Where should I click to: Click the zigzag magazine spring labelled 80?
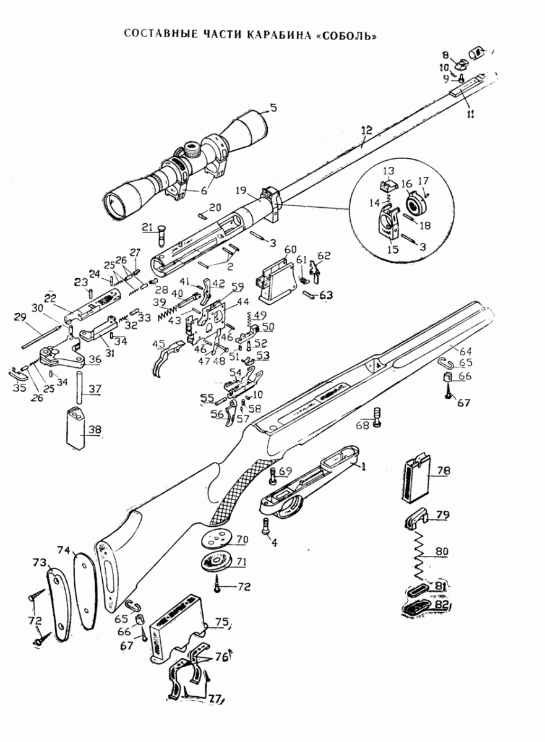coord(421,553)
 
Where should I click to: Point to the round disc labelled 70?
coord(218,539)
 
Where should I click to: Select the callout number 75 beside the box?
coord(221,622)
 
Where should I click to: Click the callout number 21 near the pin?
coord(147,228)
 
